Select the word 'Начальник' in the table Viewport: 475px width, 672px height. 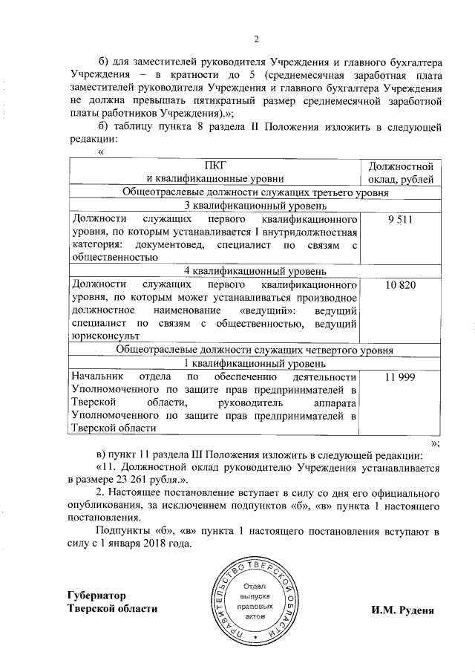pos(96,377)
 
